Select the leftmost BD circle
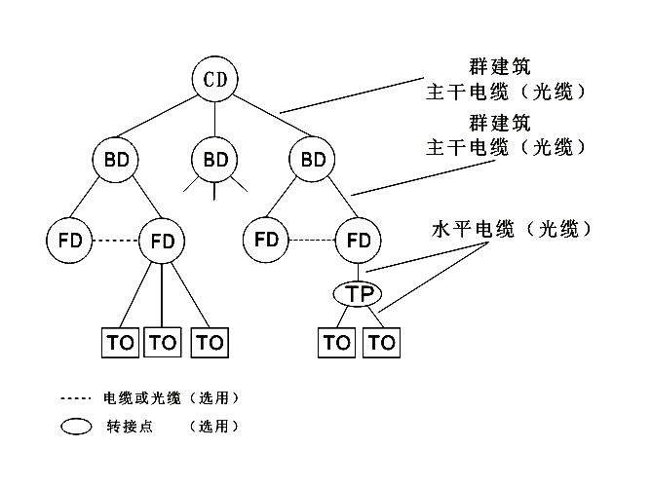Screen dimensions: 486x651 (116, 159)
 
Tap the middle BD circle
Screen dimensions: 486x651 (215, 159)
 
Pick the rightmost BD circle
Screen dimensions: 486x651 (314, 159)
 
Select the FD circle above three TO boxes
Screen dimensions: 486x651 (162, 240)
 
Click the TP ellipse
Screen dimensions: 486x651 (360, 292)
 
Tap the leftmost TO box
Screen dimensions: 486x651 (121, 343)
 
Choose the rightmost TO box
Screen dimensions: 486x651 (383, 343)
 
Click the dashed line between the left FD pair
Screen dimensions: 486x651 (114, 240)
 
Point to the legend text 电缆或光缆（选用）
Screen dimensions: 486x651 (171, 398)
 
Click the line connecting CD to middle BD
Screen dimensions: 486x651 (215, 119)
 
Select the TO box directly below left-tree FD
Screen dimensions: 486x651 (162, 343)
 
